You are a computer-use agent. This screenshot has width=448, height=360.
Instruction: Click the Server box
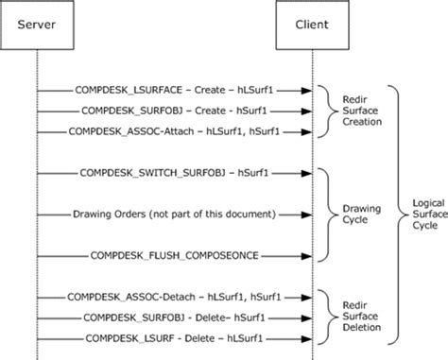pyautogui.click(x=37, y=22)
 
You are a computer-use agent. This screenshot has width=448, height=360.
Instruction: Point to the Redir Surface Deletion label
pyautogui.click(x=358, y=317)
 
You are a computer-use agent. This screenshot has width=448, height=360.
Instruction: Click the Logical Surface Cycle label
pyautogui.click(x=422, y=214)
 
